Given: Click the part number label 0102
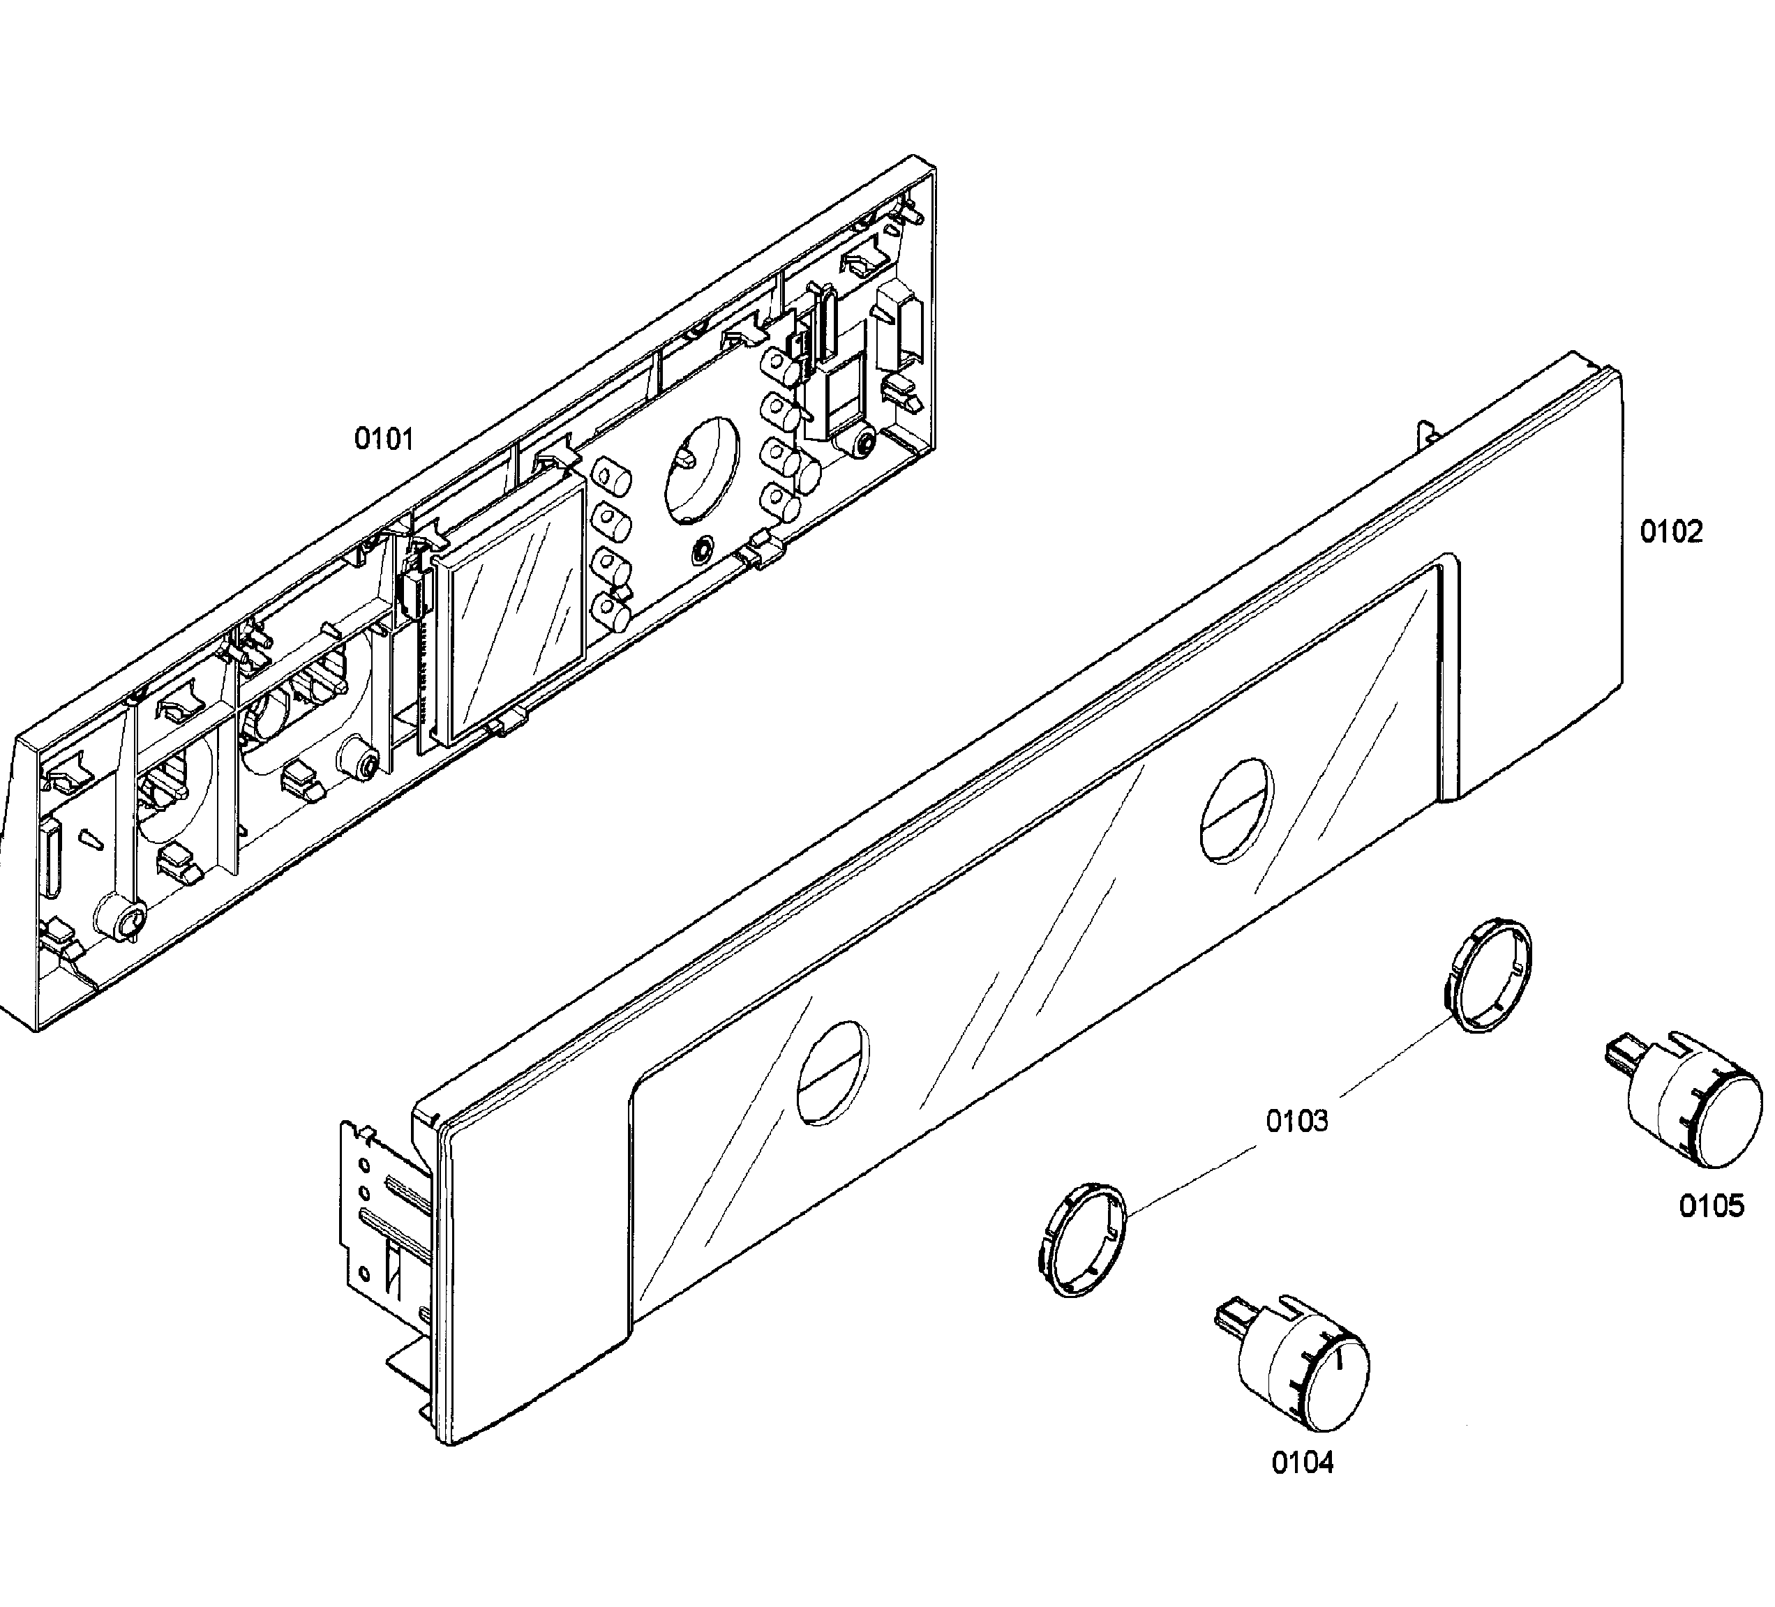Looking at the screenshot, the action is coord(1671,531).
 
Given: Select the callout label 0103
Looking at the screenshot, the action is coord(1297,1122).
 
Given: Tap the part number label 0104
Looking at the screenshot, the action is coord(1302,1463).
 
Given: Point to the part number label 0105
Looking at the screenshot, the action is coord(1711,1206).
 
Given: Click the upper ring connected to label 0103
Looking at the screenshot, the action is coord(1489,974).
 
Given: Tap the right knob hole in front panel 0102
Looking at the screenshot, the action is coord(1236,811).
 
